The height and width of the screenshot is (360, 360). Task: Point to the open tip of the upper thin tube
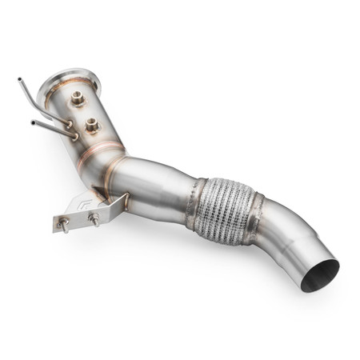click(18, 79)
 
